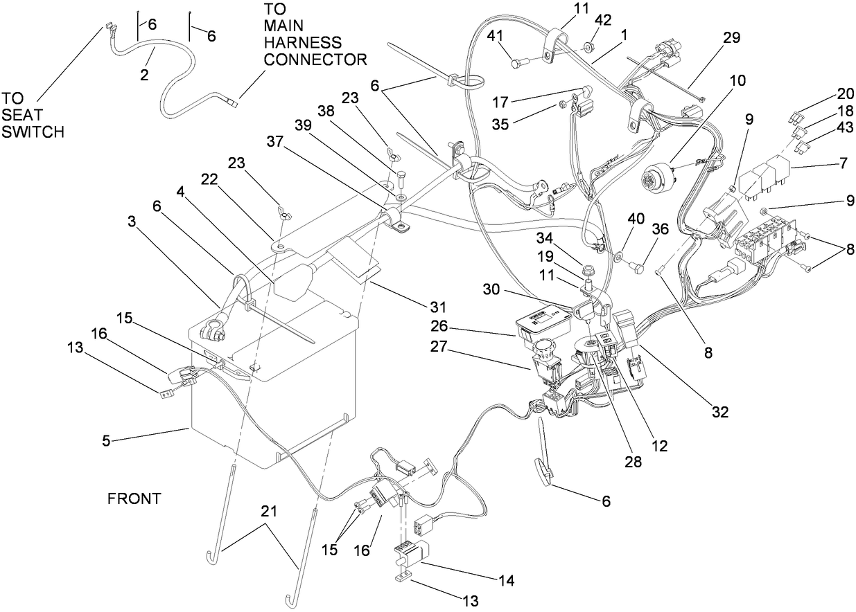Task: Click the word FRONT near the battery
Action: [134, 499]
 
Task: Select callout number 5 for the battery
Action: [106, 441]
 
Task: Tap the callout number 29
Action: [732, 37]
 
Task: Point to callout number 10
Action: [737, 80]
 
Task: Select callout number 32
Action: [720, 411]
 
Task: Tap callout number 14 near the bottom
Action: [507, 581]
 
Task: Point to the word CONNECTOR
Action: [315, 59]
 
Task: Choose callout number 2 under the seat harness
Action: [144, 75]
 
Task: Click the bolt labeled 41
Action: [520, 61]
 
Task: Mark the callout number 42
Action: [603, 20]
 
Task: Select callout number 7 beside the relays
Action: [844, 163]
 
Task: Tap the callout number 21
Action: [269, 511]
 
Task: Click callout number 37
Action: [275, 142]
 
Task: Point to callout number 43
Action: [845, 127]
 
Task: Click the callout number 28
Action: [634, 462]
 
